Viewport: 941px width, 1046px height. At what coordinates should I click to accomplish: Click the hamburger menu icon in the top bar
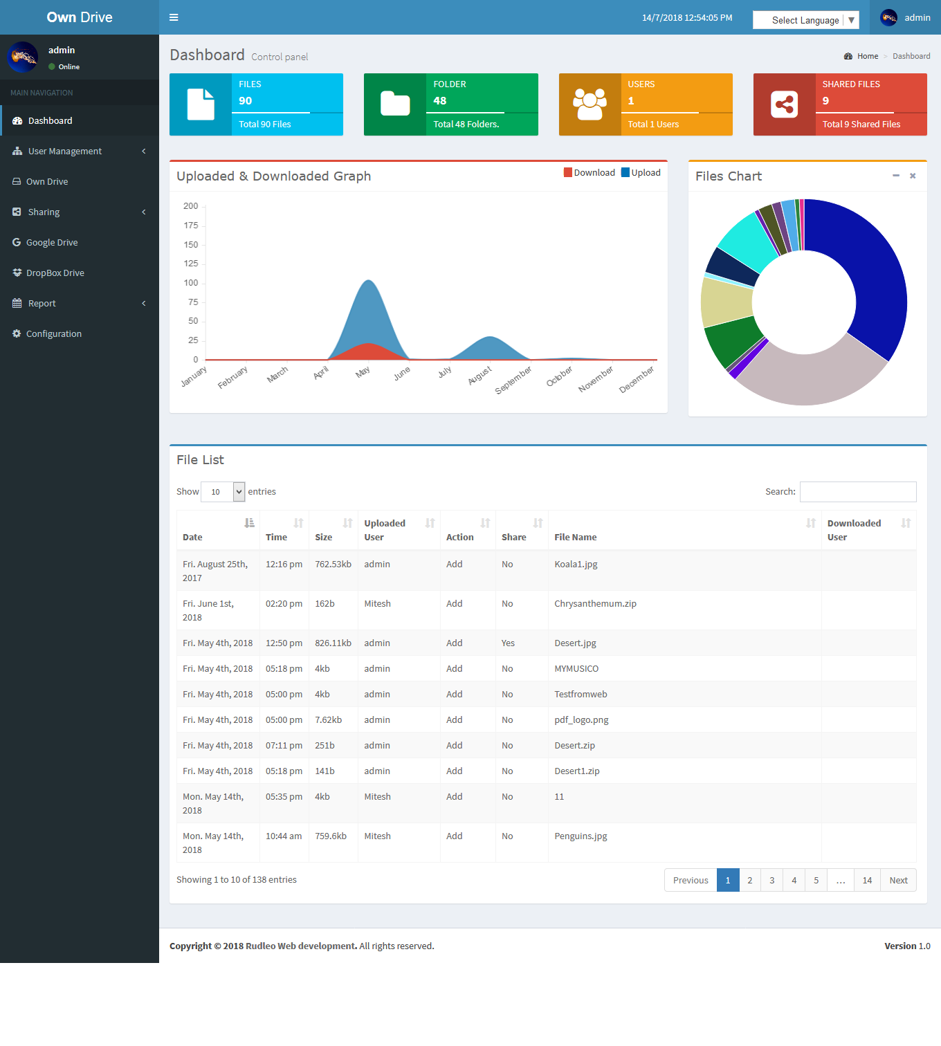click(x=174, y=17)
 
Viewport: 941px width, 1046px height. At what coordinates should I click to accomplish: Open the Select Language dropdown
click(x=805, y=20)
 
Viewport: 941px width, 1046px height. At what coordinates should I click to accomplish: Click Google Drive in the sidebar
click(x=52, y=243)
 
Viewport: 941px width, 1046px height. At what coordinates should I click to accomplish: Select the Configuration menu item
click(x=53, y=334)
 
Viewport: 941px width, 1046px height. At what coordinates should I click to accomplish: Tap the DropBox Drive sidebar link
click(x=55, y=273)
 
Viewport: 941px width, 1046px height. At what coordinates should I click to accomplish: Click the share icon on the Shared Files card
click(x=784, y=104)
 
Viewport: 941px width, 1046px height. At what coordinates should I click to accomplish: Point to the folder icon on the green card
click(x=395, y=104)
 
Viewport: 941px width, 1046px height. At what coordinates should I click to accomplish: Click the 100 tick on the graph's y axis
click(x=191, y=283)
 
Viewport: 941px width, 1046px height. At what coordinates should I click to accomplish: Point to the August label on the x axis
click(x=479, y=375)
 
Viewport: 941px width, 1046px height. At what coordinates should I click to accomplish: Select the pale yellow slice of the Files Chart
click(x=726, y=302)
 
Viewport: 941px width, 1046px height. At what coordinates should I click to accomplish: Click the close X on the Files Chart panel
click(x=913, y=176)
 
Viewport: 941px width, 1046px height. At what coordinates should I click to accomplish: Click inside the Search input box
click(x=857, y=492)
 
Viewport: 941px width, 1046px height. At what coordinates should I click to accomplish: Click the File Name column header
click(x=575, y=538)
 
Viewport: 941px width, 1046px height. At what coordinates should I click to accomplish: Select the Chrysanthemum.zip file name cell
click(x=595, y=604)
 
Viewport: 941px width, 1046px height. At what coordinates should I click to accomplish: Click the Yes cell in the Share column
click(x=508, y=643)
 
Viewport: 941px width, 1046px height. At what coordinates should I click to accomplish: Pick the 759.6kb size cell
click(x=331, y=836)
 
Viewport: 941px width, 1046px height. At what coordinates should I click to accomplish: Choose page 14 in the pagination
click(x=867, y=881)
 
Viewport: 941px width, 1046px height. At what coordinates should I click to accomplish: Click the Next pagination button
click(x=898, y=881)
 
